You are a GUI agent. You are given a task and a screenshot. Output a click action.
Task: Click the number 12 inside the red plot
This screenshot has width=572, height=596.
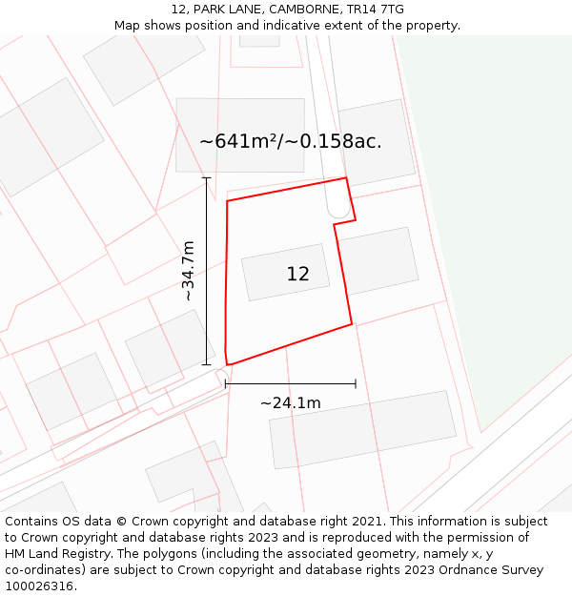click(x=297, y=275)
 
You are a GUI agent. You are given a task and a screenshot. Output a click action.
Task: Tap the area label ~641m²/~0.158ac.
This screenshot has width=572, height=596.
click(x=290, y=142)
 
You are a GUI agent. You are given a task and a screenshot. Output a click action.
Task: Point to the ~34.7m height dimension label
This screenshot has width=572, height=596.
click(x=188, y=271)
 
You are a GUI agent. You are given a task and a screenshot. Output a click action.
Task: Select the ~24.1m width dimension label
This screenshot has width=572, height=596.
click(x=290, y=403)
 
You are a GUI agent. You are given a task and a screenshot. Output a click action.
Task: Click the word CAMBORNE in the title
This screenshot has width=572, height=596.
click(x=305, y=10)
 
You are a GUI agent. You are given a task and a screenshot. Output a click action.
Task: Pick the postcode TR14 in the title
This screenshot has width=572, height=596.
click(x=365, y=10)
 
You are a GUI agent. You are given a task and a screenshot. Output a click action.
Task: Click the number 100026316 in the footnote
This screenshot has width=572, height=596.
click(x=38, y=586)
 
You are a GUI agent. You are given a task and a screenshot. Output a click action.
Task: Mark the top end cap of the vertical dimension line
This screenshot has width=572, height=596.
click(x=207, y=177)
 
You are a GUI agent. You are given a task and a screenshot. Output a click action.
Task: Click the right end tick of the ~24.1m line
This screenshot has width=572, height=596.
click(x=356, y=383)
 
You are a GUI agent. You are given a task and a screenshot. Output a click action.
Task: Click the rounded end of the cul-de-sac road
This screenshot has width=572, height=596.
click(x=337, y=211)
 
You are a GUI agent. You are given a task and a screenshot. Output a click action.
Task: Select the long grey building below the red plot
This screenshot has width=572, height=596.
click(x=362, y=430)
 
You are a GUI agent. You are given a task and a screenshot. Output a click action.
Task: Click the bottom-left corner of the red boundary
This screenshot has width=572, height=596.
click(x=228, y=364)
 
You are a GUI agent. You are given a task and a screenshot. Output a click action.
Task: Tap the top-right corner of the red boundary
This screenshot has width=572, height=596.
click(x=346, y=177)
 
